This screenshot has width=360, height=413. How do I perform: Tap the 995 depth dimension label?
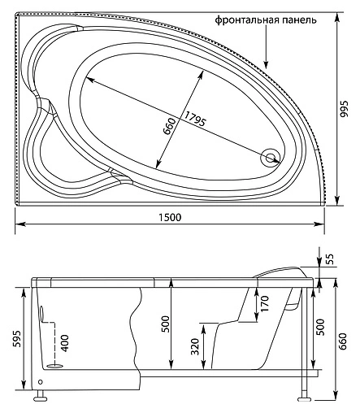tap(347, 120)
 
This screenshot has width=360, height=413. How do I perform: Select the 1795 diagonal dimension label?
tap(195, 119)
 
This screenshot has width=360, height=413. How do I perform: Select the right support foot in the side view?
tap(305, 398)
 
